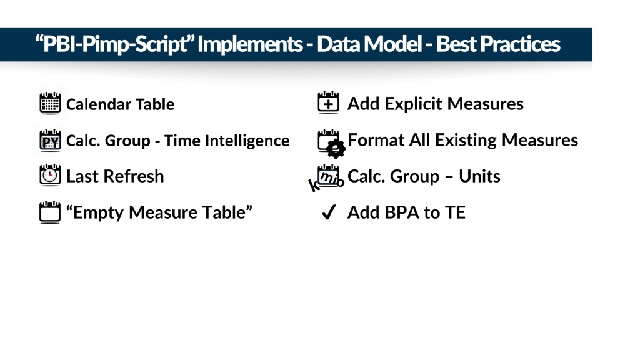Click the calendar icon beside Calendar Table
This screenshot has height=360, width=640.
(x=50, y=103)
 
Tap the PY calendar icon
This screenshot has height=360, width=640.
(x=50, y=141)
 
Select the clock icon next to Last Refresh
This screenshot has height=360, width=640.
(x=50, y=176)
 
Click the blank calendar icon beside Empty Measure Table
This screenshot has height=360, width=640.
(x=50, y=212)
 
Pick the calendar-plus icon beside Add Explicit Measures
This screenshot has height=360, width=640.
(x=328, y=102)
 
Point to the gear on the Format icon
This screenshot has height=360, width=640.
(x=336, y=149)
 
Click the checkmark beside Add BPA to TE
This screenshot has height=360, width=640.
(x=329, y=212)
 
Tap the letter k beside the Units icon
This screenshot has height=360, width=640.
(x=314, y=185)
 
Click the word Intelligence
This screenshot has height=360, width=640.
(x=247, y=141)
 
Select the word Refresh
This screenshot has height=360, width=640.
(x=134, y=176)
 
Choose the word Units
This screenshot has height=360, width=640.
(x=479, y=176)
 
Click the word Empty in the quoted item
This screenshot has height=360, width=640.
(x=98, y=213)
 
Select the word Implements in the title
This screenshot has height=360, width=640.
(x=250, y=44)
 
